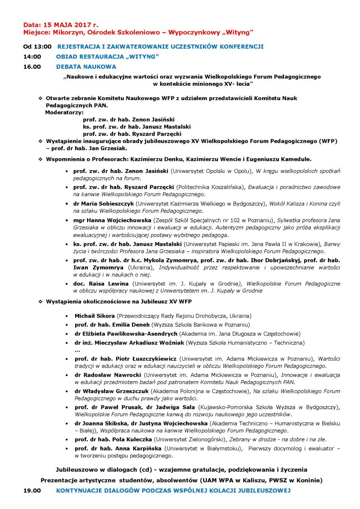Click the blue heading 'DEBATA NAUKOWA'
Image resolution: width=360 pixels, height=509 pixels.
86,67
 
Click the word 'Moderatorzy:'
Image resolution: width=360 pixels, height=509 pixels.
64,112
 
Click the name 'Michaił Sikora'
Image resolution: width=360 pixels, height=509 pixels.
95,316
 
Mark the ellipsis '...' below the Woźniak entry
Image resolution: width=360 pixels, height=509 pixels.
77,351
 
